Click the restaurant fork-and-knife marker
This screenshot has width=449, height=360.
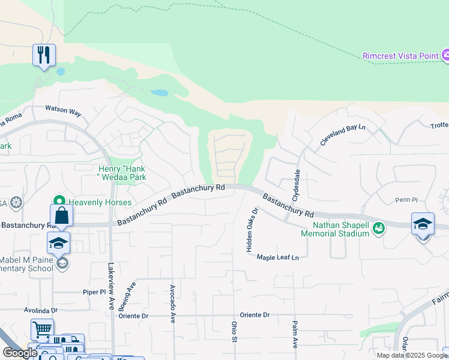click(x=44, y=55)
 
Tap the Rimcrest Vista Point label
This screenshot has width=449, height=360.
click(x=400, y=56)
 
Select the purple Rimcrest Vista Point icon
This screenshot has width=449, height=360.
click(x=445, y=56)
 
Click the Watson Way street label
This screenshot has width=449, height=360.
click(x=63, y=112)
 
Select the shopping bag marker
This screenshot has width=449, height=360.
click(x=62, y=215)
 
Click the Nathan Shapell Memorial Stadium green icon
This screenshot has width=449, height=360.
click(x=378, y=227)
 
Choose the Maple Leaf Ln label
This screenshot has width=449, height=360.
click(x=277, y=257)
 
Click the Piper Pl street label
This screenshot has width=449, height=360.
click(x=94, y=292)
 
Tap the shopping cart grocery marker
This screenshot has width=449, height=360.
click(x=42, y=329)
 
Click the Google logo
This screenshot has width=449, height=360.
click(x=20, y=353)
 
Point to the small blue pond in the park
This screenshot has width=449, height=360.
click(x=160, y=93)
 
